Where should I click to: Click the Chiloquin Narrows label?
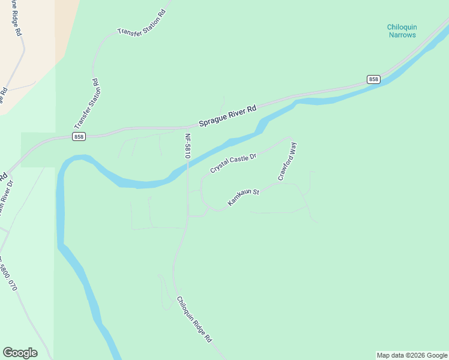coord(402,31)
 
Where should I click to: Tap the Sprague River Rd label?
coord(228,116)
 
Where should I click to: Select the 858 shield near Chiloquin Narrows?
coord(373,79)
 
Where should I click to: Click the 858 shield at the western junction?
coord(79,137)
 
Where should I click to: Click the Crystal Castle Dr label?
coord(233,164)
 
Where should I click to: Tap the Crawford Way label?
coord(287,162)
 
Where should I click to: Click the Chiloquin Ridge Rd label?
coord(194,319)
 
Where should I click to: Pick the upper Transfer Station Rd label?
coord(142,24)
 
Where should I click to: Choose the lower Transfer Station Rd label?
coord(87,103)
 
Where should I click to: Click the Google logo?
coord(20,353)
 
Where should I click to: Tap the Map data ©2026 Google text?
coord(412,355)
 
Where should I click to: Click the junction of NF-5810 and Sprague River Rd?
coord(188,127)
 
